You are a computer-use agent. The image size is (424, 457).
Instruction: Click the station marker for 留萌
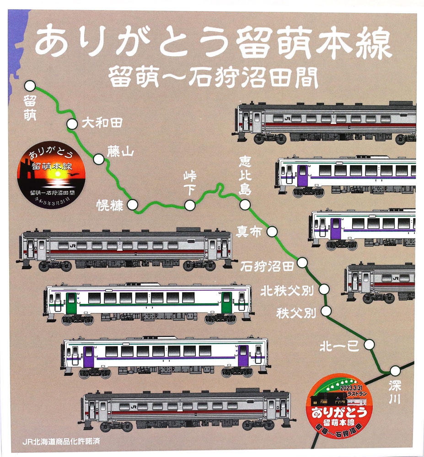click(x=30, y=85)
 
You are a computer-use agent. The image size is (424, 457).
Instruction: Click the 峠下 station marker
click(x=189, y=206)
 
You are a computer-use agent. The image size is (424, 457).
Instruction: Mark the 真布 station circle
click(x=272, y=232)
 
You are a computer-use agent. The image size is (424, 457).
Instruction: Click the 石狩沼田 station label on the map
click(x=267, y=266)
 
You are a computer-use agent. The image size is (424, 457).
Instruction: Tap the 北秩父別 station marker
click(x=324, y=289)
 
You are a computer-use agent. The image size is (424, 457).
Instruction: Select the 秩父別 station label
click(x=296, y=313)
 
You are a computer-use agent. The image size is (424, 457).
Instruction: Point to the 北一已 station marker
click(x=370, y=345)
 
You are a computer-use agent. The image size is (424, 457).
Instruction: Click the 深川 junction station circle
click(x=395, y=371)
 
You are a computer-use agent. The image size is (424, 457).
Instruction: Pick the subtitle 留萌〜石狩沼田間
click(x=213, y=78)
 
